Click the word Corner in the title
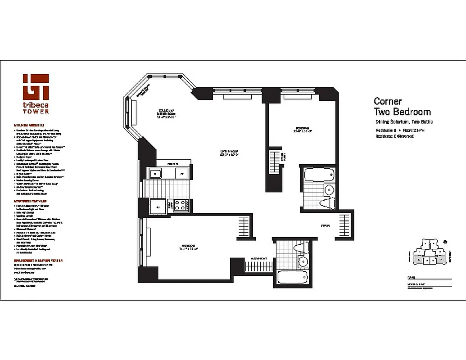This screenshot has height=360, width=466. (388, 102)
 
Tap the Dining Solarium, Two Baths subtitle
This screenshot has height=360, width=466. (404, 122)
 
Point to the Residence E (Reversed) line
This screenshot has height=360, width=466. (394, 136)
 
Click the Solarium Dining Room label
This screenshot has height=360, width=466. (165, 113)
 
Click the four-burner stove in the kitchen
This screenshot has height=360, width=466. (181, 206)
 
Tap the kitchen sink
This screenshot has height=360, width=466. (155, 173)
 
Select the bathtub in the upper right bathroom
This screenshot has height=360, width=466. (318, 174)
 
